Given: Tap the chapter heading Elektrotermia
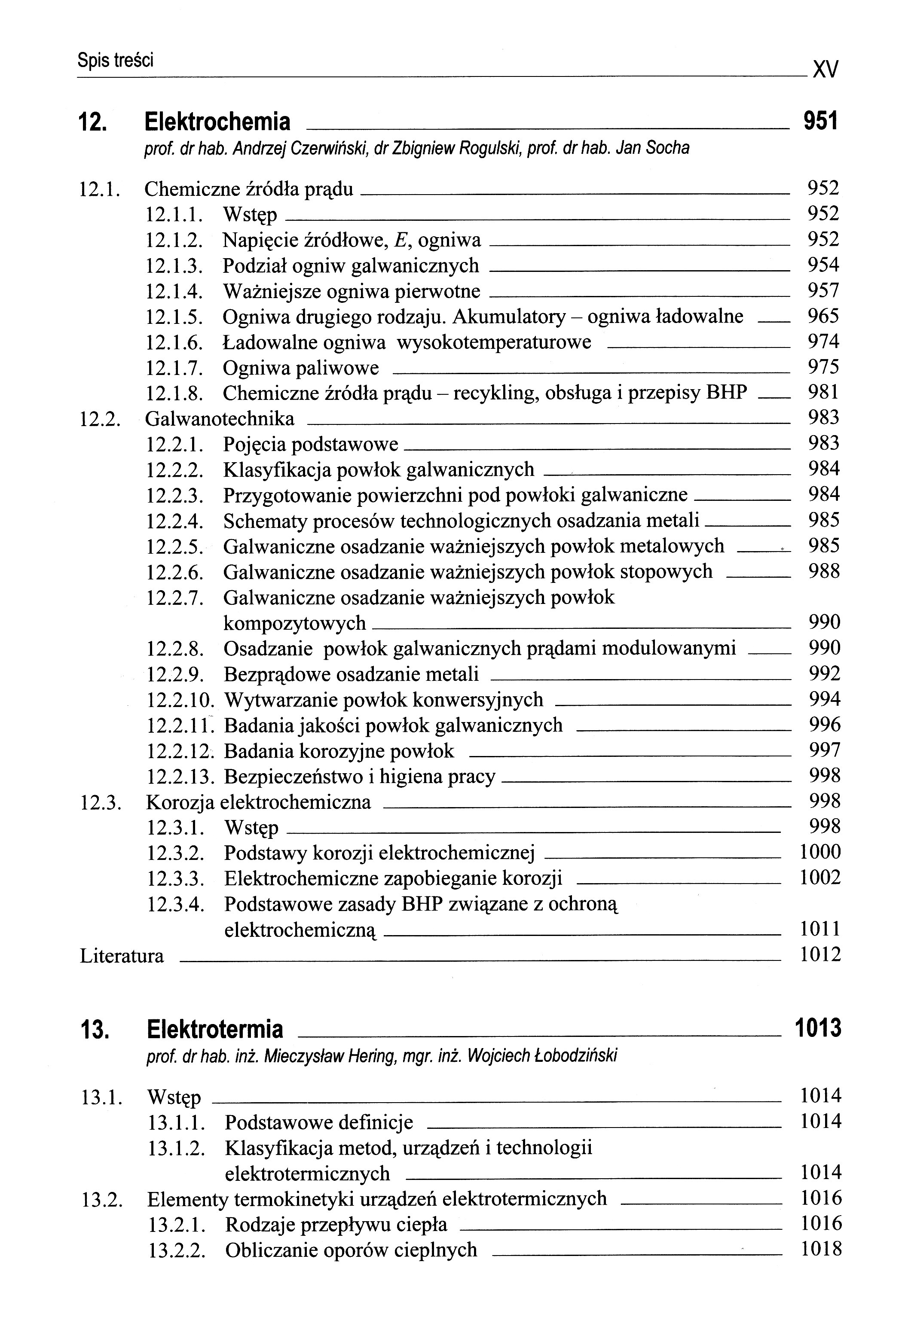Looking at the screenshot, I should click(x=215, y=1030).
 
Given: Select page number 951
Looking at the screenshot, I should click(x=820, y=122).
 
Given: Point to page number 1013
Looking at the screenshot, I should click(x=817, y=1028).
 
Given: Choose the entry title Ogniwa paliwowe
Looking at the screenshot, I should click(x=300, y=368).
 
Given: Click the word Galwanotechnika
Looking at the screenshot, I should click(x=220, y=419).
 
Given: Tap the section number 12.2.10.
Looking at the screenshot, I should click(x=180, y=700).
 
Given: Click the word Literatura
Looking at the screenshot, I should click(x=122, y=956).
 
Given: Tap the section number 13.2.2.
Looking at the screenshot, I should click(x=177, y=1250).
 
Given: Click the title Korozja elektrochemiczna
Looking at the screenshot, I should click(x=259, y=802).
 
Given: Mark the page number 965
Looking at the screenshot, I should click(x=823, y=316).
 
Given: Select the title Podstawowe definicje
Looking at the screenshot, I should click(x=319, y=1122).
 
